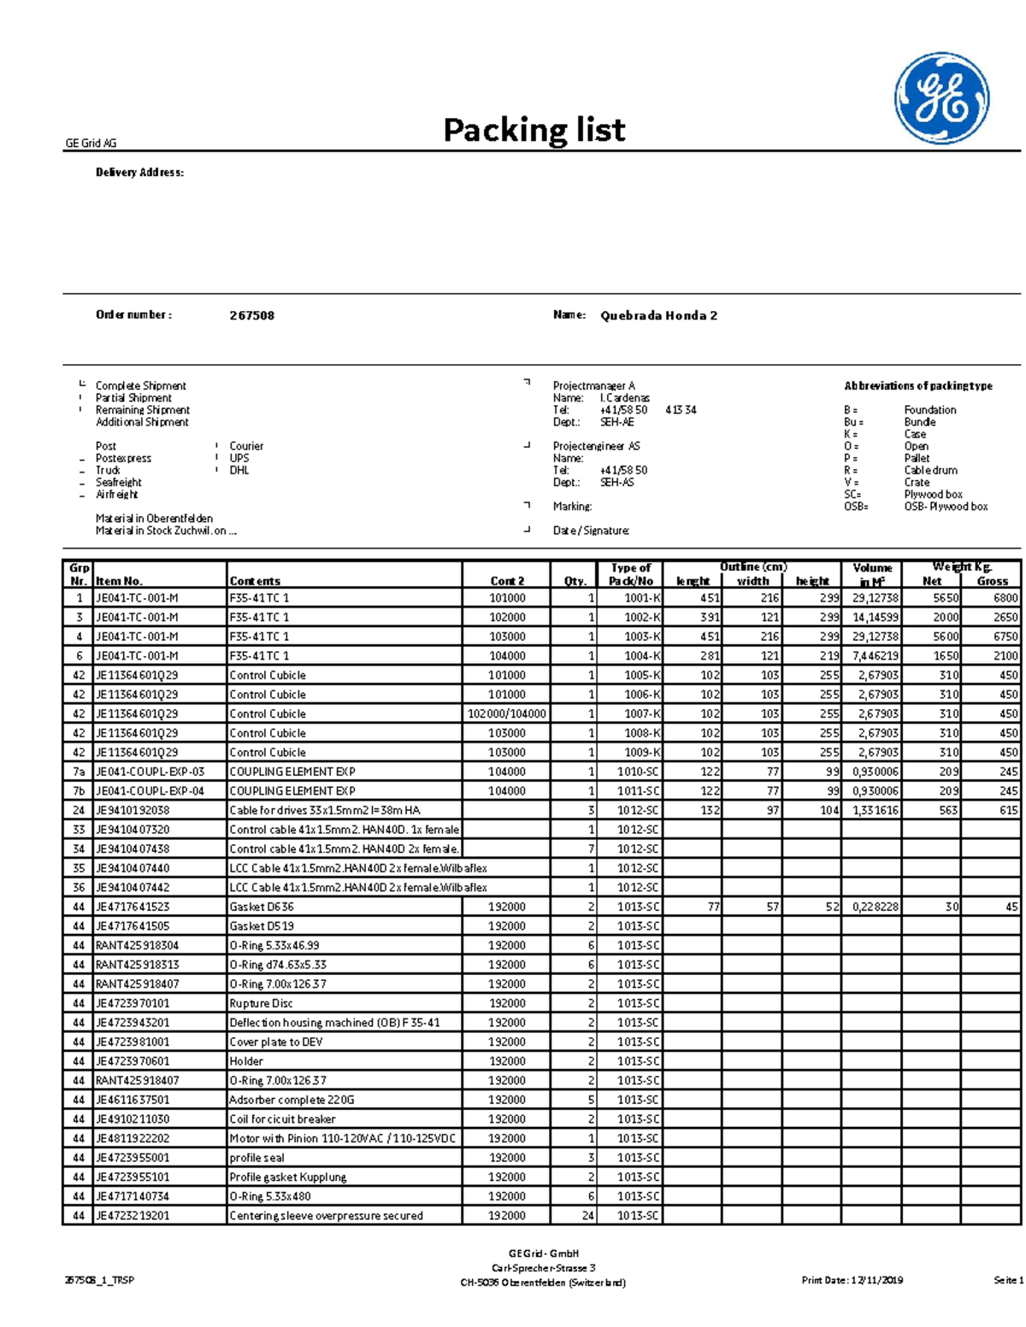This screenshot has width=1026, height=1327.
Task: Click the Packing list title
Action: [x=534, y=130]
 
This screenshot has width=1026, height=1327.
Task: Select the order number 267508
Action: [x=251, y=315]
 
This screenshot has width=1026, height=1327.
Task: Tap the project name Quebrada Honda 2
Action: [x=658, y=315]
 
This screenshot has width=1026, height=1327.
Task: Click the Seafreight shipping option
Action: [x=118, y=482]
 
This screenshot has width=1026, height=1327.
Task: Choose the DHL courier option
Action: [x=239, y=470]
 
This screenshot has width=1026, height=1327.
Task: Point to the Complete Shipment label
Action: [x=140, y=385]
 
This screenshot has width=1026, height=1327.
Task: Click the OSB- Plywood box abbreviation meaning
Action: [x=946, y=507]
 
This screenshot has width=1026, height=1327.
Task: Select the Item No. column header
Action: [x=119, y=581]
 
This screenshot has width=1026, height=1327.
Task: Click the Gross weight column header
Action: [x=992, y=581]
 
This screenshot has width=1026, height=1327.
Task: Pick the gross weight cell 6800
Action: [x=1005, y=598]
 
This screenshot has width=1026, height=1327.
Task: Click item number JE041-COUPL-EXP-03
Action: [x=150, y=772]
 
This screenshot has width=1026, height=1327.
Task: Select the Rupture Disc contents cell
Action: [x=261, y=1003]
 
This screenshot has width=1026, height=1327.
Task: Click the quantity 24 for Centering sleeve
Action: [x=587, y=1215]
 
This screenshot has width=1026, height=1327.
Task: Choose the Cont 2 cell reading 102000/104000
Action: [x=507, y=713]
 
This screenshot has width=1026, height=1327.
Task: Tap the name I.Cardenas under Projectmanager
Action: [x=624, y=397]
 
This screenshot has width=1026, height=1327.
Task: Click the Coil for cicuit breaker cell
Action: [x=282, y=1119]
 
